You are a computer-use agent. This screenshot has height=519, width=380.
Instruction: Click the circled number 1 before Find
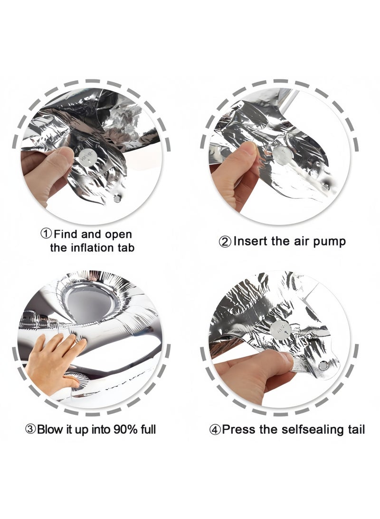tap(46, 234)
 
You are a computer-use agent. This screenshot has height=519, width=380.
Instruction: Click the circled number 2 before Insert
tap(225, 241)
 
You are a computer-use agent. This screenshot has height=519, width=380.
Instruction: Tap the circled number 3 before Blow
tap(31, 430)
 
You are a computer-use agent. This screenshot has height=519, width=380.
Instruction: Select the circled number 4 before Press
tap(215, 430)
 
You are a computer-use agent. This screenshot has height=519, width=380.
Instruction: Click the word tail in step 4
tap(356, 430)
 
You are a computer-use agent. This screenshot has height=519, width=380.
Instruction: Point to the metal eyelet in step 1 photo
tap(117, 198)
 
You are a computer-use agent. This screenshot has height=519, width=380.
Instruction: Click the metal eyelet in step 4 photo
tap(323, 365)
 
